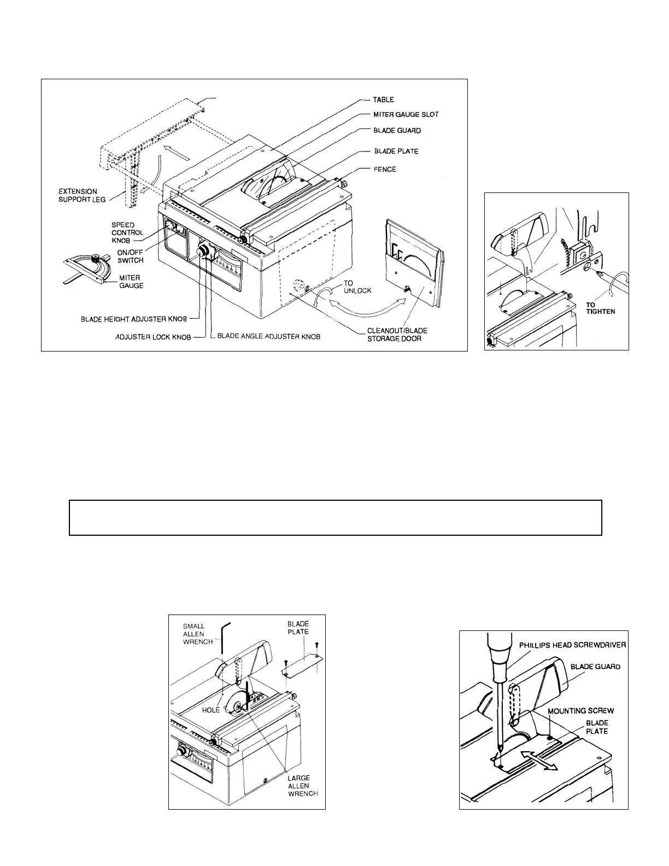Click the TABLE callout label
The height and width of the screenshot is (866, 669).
[383, 100]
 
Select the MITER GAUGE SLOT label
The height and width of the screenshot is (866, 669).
[406, 115]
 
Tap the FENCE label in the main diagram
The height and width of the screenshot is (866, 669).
[385, 169]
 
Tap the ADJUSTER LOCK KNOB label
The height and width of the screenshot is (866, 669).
[152, 337]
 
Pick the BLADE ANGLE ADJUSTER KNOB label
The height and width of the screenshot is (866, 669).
[268, 336]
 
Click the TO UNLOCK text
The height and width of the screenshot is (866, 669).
[357, 287]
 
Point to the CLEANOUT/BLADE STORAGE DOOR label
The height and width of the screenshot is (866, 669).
[397, 335]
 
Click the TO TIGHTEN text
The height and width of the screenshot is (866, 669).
[601, 308]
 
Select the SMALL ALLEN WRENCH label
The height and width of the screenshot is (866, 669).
[197, 634]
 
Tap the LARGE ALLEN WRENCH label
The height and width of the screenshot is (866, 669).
[303, 786]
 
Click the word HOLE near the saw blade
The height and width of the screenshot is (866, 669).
[211, 710]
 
